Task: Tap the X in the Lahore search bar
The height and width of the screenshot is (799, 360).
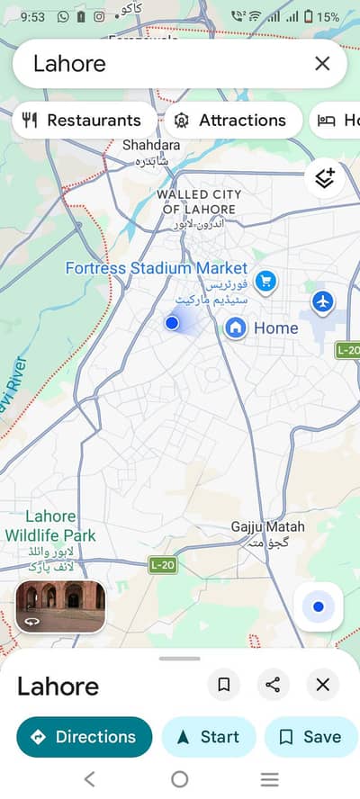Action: point(322,63)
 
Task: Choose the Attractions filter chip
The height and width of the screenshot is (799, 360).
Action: point(232,120)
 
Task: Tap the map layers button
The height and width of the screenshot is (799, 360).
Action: point(325,177)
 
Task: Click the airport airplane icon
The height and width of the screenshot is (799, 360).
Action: point(323,300)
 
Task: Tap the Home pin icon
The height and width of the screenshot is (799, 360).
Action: point(236,328)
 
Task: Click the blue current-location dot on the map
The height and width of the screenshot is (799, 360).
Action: point(172,322)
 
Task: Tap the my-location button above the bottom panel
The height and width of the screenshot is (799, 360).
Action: point(318,606)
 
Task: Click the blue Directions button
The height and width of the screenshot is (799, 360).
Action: point(84,737)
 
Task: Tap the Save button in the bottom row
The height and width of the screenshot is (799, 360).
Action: point(310,737)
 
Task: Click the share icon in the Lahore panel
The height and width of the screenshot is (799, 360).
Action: point(273,685)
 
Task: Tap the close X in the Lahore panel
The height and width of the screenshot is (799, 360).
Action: point(322,685)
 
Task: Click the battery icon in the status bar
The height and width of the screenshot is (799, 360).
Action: point(308,16)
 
